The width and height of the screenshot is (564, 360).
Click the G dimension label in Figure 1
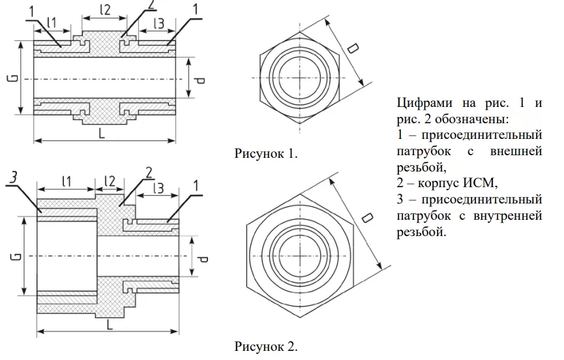[x=12, y=79]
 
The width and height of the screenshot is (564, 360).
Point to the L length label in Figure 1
[x=104, y=132]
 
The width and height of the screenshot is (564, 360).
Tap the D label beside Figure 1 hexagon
[x=353, y=49]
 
